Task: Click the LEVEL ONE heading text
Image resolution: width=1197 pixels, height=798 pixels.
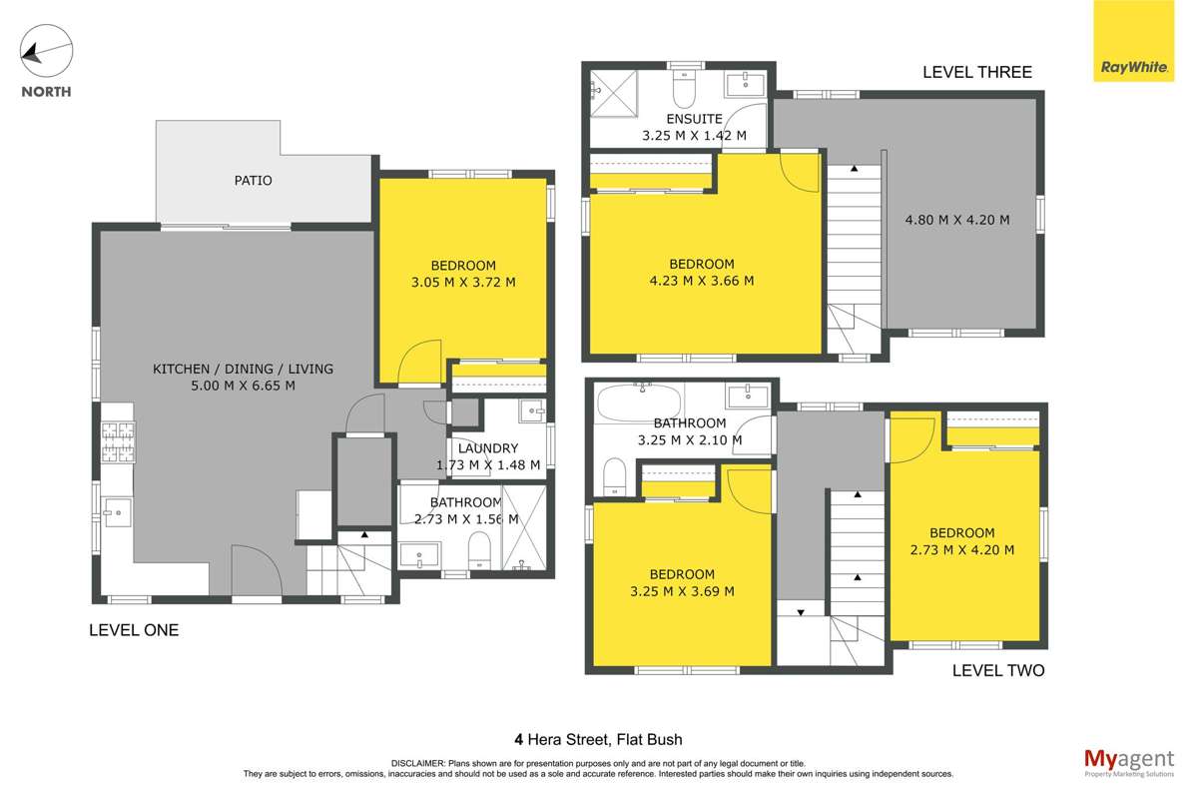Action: coord(134,630)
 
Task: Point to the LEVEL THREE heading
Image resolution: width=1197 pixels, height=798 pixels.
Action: coord(976,72)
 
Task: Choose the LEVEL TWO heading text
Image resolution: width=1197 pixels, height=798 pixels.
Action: coord(997,671)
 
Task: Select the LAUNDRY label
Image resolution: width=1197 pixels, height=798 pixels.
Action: coord(488,448)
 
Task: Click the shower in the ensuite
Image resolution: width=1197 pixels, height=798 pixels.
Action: coord(612,89)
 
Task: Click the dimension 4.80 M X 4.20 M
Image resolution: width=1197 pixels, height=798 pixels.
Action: coord(957,220)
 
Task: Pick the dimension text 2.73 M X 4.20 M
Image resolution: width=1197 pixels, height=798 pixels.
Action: coord(962,549)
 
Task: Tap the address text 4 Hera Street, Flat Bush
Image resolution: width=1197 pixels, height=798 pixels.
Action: coord(598,740)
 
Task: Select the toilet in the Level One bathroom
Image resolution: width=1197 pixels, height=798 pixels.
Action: coord(479,548)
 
